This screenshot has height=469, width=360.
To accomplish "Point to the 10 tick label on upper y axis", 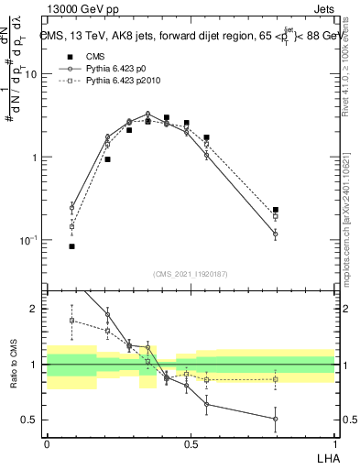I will (x=30, y=74).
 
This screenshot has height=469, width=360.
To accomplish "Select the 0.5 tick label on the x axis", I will (x=191, y=443).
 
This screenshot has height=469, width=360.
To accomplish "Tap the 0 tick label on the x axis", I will (x=46, y=443).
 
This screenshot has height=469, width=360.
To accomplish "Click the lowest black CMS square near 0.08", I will (x=71, y=246).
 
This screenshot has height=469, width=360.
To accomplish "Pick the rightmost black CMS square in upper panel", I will (x=275, y=210).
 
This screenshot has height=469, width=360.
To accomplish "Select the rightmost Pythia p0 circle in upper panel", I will (x=275, y=234).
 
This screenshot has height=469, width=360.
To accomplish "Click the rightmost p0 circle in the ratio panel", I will (x=275, y=419).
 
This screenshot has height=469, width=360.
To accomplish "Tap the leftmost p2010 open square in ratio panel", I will (x=71, y=320).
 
